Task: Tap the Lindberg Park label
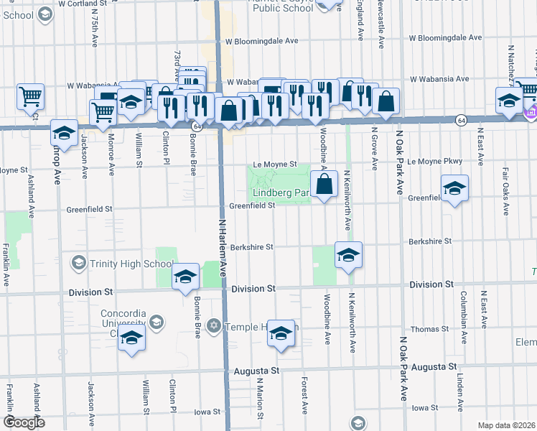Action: [x=280, y=193]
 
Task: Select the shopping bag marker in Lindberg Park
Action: [x=325, y=184]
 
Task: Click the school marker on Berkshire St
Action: [x=348, y=255]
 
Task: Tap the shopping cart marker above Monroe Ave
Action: [x=103, y=112]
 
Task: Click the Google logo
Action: [x=24, y=422]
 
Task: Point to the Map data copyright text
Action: [x=505, y=425]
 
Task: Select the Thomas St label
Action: [x=430, y=329]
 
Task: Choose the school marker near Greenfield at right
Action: [x=454, y=189]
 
